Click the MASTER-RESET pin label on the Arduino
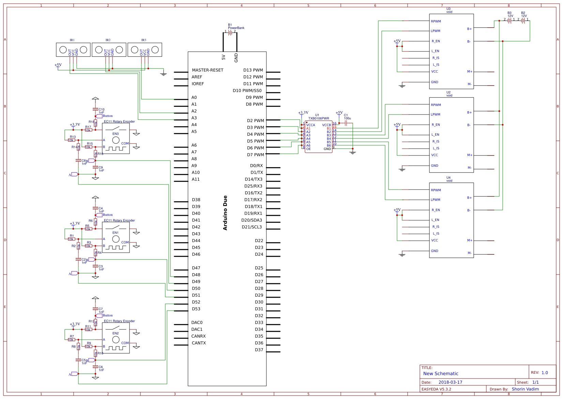(x=208, y=70)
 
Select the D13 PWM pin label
(x=253, y=70)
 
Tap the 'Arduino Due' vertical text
(x=225, y=213)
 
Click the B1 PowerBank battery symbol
(x=230, y=32)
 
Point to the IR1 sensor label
(x=72, y=40)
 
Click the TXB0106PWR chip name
(x=319, y=118)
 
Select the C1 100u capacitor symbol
(x=346, y=123)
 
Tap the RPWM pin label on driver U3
(x=436, y=21)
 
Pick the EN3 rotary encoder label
(x=116, y=134)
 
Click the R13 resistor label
(x=73, y=137)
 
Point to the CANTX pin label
(x=199, y=343)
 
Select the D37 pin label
(x=259, y=350)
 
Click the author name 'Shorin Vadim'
(x=525, y=389)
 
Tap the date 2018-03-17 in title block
(x=450, y=382)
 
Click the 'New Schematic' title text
(x=441, y=374)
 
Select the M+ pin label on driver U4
(x=470, y=240)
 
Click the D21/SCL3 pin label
(x=252, y=227)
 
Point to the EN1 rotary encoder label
(x=116, y=233)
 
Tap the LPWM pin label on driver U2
(x=435, y=115)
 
